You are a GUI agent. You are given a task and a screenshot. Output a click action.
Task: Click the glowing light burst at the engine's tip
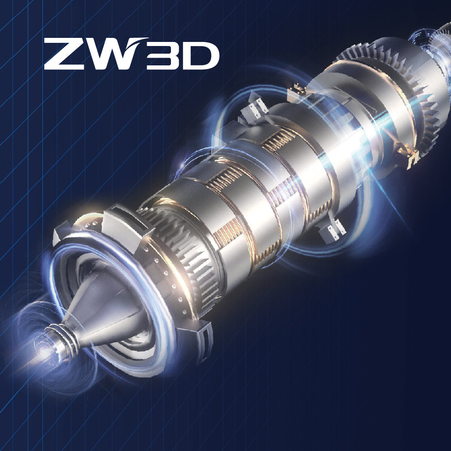[43, 353]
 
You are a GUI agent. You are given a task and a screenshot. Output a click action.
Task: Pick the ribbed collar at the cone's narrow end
[61, 340]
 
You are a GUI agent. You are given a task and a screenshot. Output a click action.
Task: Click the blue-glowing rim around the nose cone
[112, 305]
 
